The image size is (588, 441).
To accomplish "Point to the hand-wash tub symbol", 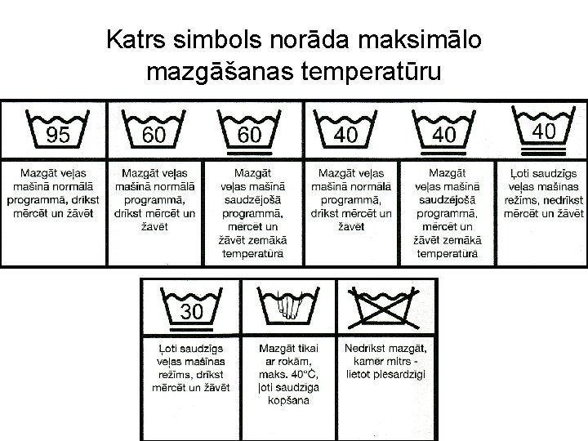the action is (x=289, y=306).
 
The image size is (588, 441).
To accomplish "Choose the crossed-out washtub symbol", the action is (x=385, y=305).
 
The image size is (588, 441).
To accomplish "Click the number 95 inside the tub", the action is (x=57, y=135).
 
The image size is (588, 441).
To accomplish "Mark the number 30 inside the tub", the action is (x=193, y=311).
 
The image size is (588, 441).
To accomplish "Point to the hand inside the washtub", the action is (x=289, y=309).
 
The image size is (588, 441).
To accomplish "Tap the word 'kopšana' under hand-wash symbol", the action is (x=289, y=399).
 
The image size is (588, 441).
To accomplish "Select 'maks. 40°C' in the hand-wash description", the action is (x=289, y=374).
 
